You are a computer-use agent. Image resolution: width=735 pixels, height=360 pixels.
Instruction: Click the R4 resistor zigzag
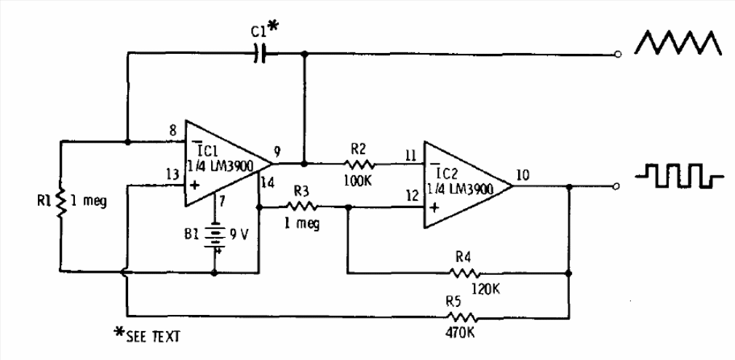[x=466, y=274]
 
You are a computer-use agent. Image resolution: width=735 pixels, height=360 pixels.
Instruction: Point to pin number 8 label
[x=172, y=131]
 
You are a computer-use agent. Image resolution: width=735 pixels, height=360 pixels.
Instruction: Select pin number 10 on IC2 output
[x=524, y=174]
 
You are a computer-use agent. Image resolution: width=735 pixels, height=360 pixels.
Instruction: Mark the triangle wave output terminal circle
[x=618, y=54]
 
